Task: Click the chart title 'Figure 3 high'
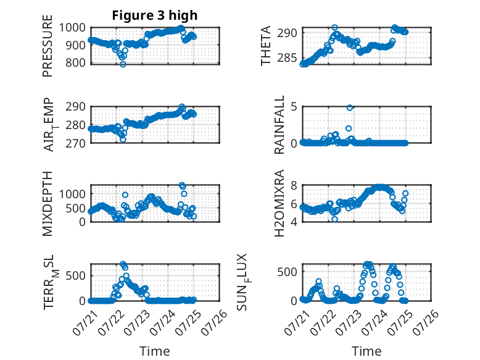click(x=155, y=15)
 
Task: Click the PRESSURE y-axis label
click(x=48, y=46)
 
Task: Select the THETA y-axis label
click(x=266, y=46)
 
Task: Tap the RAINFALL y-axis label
click(x=279, y=125)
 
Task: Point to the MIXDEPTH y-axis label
click(x=48, y=204)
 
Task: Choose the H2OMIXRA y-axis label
click(x=279, y=203)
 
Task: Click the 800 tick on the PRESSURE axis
click(x=75, y=63)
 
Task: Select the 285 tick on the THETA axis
click(x=287, y=57)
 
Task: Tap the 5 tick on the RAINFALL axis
click(x=294, y=107)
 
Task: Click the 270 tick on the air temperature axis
click(x=75, y=143)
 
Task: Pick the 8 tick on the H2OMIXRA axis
click(x=294, y=186)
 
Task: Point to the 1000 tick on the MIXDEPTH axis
click(x=72, y=194)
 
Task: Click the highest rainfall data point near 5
click(x=350, y=107)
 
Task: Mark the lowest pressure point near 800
click(x=123, y=64)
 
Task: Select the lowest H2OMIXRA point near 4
click(x=334, y=219)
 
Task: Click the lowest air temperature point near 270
click(x=123, y=140)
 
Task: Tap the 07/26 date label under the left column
click(x=214, y=322)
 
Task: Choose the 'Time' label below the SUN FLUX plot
click(x=366, y=351)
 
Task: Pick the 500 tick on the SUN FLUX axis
click(x=287, y=272)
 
